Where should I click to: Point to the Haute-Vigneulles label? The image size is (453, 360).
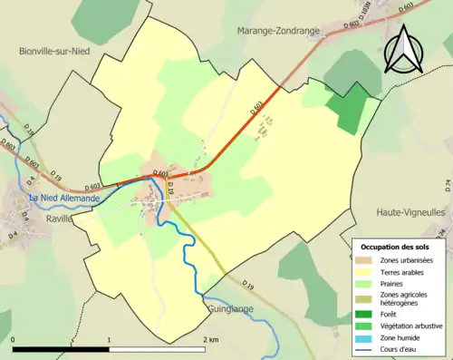pyautogui.click(x=411, y=211)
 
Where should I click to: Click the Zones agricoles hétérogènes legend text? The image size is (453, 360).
pyautogui.click(x=406, y=298)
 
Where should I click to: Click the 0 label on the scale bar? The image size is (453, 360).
pyautogui.click(x=14, y=340)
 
